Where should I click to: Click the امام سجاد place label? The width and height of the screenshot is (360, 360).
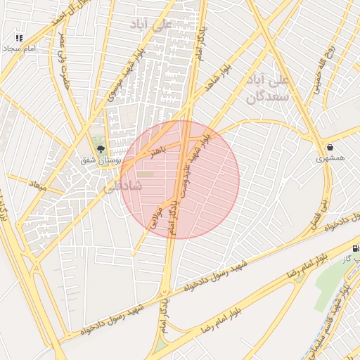pos(19,49)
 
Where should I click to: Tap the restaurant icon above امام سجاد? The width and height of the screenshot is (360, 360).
pos(19,38)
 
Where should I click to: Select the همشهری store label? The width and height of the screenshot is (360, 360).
pos(330,159)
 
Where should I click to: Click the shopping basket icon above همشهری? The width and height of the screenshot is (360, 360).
pos(330,148)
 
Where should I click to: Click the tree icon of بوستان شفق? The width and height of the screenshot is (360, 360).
pos(101,149)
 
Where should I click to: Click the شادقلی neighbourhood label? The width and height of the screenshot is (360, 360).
pos(122,186)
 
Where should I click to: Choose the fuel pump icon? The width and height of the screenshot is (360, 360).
pos(356,248)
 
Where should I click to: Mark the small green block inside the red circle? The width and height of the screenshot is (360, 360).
pos(145,174)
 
